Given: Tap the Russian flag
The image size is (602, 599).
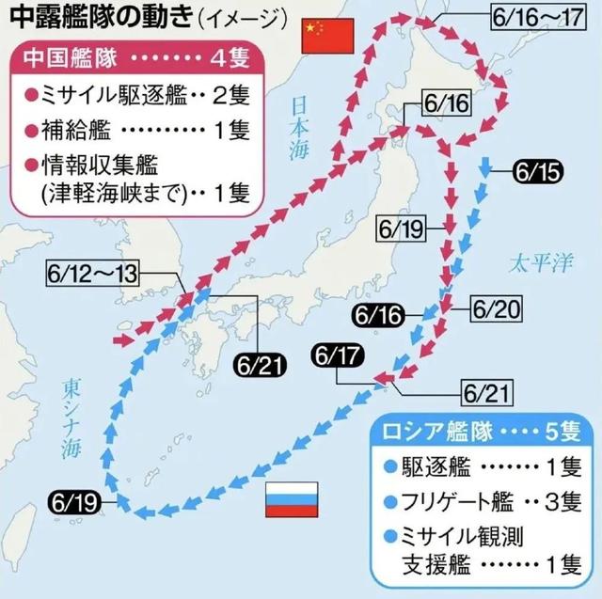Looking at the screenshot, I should [291, 499].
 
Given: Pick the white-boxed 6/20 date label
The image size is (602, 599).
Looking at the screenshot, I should [496, 308].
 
